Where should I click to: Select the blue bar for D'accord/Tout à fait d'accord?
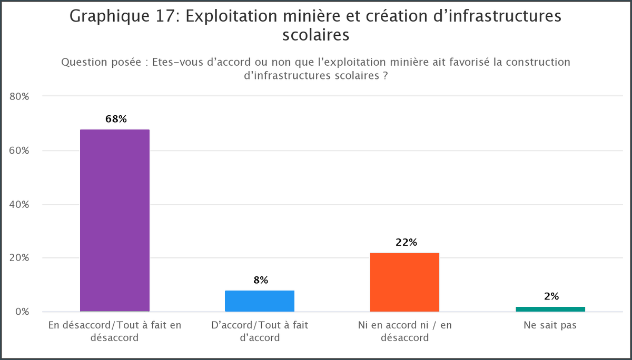[x=260, y=301]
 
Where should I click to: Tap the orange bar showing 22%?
[x=404, y=282]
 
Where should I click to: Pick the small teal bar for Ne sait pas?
[x=550, y=309]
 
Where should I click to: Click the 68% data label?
[x=116, y=119]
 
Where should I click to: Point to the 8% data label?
[x=261, y=281]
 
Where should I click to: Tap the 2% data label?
[x=551, y=296]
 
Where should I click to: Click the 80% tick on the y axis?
[x=19, y=97]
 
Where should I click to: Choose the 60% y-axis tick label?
[x=19, y=151]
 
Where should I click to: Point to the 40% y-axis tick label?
[x=19, y=204]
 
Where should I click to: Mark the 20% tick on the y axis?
[x=19, y=258]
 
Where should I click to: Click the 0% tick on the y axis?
[x=22, y=312]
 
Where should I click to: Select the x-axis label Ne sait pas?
[x=550, y=325]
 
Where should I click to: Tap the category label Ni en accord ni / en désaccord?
[x=404, y=331]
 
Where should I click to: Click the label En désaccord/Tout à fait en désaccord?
[x=115, y=331]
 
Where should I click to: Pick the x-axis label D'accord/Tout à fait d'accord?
[x=260, y=331]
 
